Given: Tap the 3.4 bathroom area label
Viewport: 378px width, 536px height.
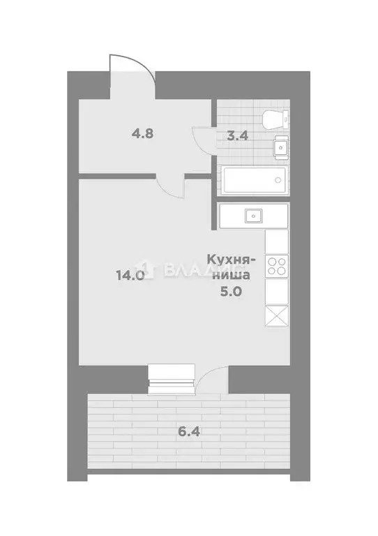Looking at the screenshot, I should pyautogui.click(x=238, y=135).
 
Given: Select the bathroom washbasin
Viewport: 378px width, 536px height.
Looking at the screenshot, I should pyautogui.click(x=280, y=147).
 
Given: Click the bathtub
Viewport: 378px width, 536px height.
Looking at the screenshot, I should pyautogui.click(x=253, y=180).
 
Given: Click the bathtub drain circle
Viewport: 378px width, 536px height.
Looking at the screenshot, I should pyautogui.click(x=278, y=180).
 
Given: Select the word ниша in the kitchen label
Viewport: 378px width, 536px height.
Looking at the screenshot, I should pyautogui.click(x=232, y=276).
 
